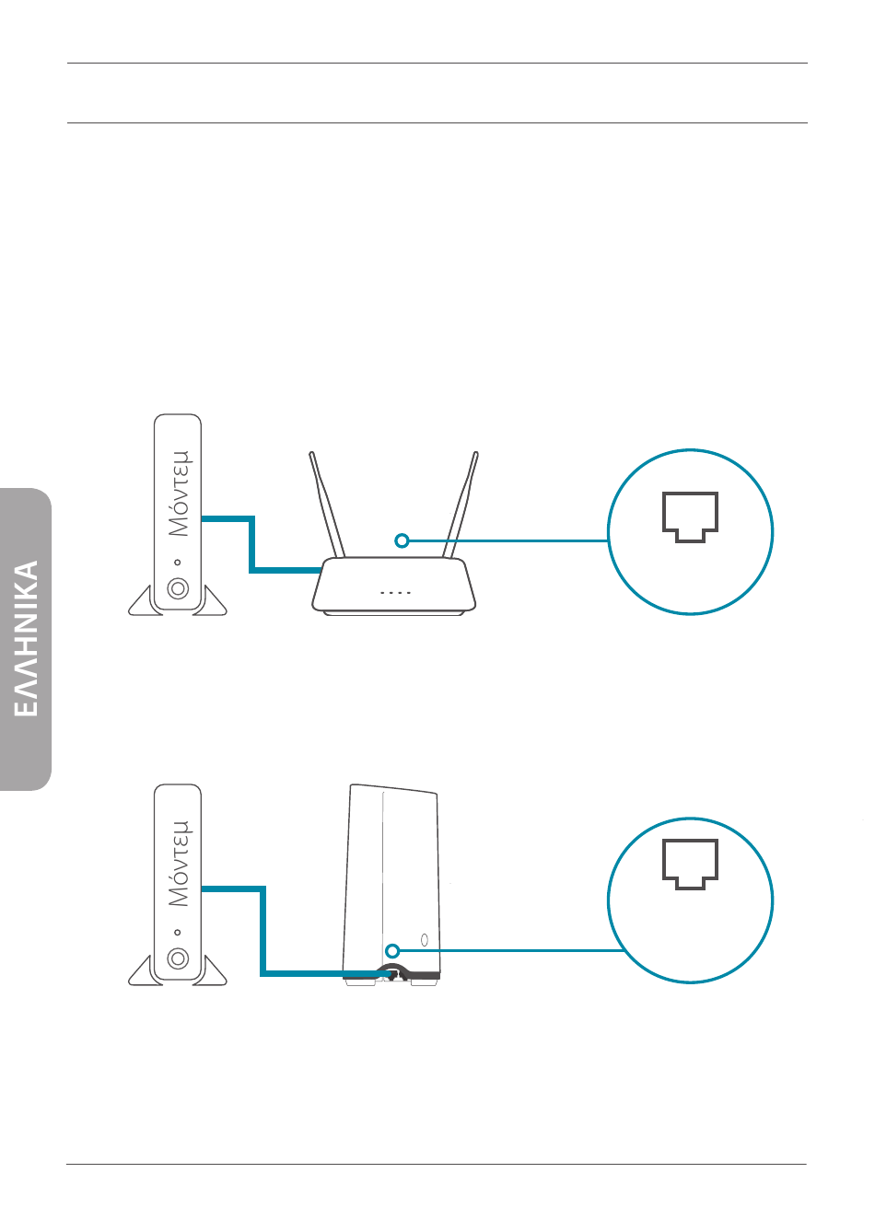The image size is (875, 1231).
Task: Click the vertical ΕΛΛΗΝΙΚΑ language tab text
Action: pos(26,638)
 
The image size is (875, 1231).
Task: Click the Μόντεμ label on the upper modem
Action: pos(179,494)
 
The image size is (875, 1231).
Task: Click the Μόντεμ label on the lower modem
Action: pos(179,864)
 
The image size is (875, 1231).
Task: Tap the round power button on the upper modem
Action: pos(178,588)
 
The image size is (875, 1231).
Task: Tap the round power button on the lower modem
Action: pos(178,958)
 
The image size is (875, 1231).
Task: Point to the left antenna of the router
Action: pos(326,505)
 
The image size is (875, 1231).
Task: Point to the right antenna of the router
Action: pos(461,505)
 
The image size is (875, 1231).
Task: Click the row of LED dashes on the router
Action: pos(395,593)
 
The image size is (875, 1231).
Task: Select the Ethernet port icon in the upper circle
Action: pos(690,517)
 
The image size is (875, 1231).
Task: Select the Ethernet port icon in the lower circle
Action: pos(690,864)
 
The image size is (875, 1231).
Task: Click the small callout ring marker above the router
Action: pos(402,540)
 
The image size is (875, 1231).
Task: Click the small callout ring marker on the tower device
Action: pos(391,950)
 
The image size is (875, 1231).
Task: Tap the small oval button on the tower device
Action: pos(425,940)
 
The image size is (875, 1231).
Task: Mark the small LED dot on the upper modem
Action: pos(178,563)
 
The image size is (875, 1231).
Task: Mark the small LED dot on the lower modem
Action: pos(178,932)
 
